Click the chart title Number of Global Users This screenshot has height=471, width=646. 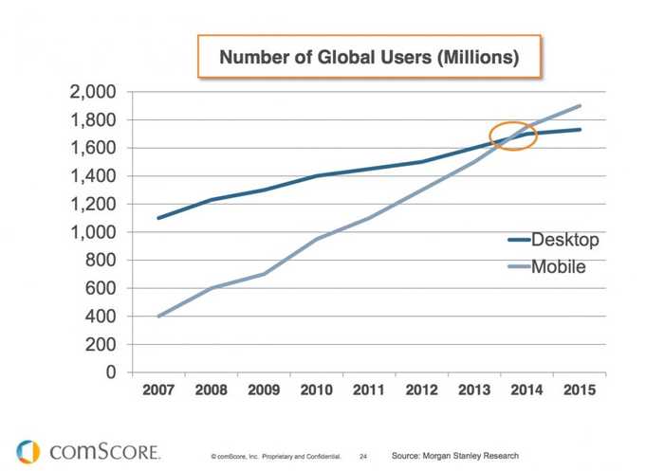click(369, 58)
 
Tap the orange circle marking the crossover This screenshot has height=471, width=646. click(513, 137)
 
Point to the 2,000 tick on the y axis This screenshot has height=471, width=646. click(91, 92)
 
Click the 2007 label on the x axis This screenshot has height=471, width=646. click(157, 391)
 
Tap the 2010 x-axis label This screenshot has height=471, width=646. click(316, 391)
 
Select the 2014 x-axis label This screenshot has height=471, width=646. click(526, 391)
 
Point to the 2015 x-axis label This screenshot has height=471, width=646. click(580, 391)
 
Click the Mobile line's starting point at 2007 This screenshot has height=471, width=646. click(157, 317)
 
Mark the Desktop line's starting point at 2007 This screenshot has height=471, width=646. click(157, 218)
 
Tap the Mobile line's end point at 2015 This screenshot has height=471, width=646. click(580, 105)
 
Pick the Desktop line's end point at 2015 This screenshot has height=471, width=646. click(580, 130)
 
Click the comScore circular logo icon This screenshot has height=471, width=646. click(28, 452)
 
